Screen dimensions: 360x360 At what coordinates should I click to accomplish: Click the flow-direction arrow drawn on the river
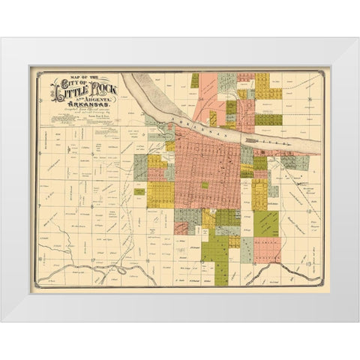point(249,137)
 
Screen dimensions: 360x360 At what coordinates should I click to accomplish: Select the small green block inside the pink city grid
point(204,184)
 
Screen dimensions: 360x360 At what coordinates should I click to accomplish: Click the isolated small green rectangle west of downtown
point(139,191)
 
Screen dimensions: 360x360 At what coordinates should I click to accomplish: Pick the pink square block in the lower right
point(266,248)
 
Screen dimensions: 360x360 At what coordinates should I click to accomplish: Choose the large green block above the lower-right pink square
point(265,223)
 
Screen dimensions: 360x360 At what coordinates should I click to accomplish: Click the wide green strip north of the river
point(268,119)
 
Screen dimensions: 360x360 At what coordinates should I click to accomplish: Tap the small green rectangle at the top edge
point(195,79)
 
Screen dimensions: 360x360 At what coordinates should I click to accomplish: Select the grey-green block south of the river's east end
point(247,155)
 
